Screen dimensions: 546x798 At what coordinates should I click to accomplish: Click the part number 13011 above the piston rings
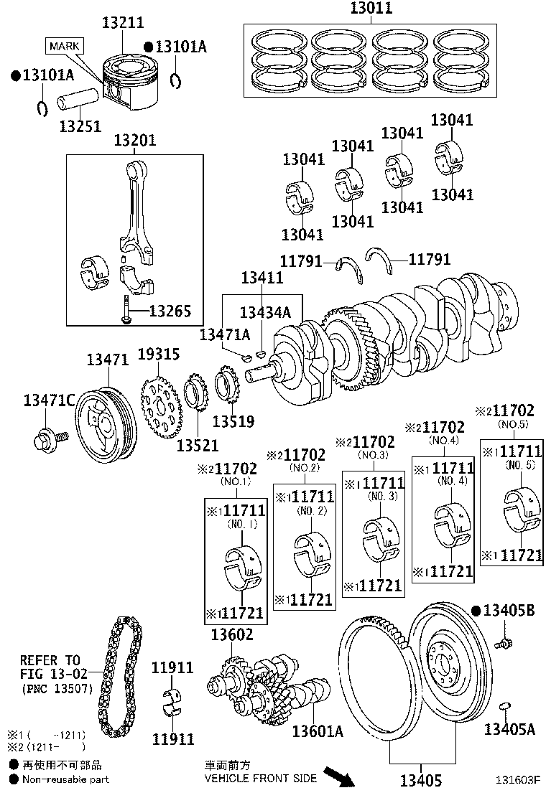tap(371, 8)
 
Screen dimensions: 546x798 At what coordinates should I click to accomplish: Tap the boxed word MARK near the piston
tap(64, 47)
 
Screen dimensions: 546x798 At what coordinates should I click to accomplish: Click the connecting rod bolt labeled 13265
tap(125, 309)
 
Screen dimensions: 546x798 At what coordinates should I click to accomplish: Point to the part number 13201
tap(134, 140)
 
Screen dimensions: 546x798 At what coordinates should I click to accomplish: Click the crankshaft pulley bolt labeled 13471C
tap(51, 437)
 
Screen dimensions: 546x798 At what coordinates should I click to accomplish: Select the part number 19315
tap(158, 354)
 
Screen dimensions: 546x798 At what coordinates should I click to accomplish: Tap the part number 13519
tap(233, 421)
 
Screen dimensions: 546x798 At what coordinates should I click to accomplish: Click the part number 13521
tap(197, 446)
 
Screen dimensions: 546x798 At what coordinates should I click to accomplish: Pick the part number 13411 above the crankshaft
tap(262, 278)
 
